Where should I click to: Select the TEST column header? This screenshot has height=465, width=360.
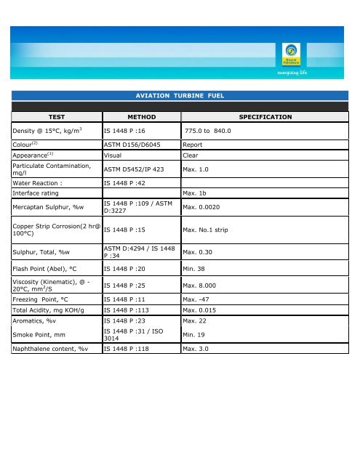tap(56, 116)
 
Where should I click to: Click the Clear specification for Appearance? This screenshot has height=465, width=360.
tap(191, 155)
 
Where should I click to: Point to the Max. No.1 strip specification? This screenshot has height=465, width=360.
tap(210, 230)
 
